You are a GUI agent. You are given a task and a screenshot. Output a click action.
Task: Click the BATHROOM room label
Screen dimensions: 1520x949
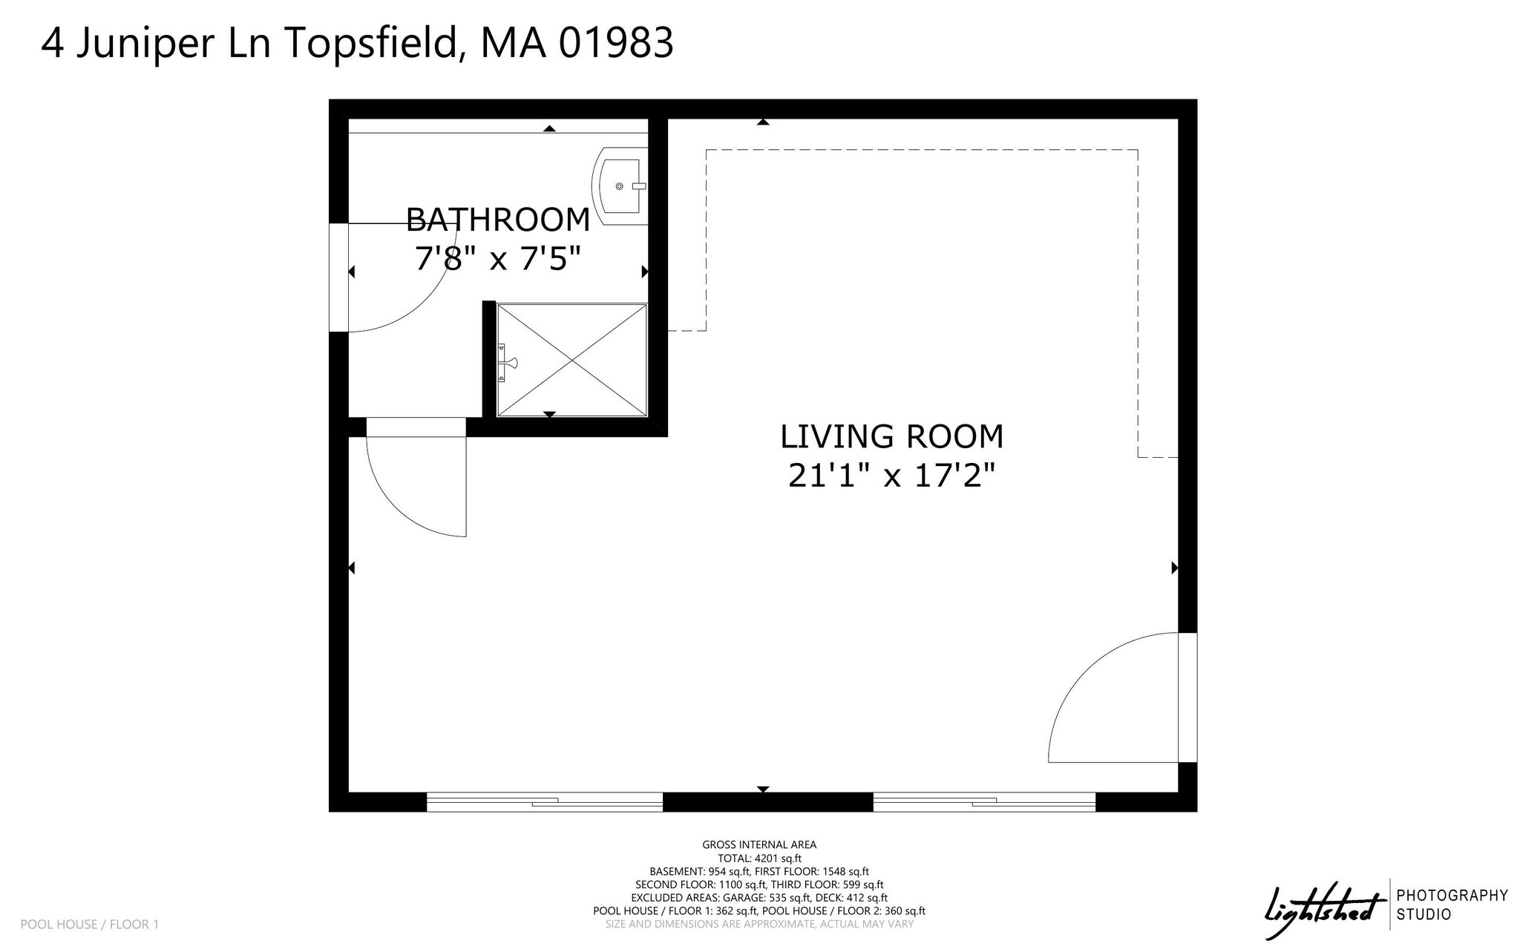[498, 220]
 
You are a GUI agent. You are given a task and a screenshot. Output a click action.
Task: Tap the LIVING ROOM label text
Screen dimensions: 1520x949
[891, 437]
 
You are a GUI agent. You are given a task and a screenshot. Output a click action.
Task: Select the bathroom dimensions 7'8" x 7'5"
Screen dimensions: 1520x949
[497, 259]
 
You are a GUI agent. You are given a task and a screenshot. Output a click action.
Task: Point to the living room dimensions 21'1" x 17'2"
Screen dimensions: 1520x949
[891, 476]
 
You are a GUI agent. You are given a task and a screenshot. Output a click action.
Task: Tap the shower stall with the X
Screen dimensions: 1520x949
[571, 361]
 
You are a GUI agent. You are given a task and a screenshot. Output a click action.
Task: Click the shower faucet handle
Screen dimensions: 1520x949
[508, 363]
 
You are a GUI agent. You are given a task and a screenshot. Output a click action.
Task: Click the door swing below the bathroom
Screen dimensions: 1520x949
[404, 505]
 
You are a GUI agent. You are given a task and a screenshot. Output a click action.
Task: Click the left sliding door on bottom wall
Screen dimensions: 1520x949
[545, 802]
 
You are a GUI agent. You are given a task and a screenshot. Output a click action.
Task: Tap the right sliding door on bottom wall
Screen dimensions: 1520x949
[984, 802]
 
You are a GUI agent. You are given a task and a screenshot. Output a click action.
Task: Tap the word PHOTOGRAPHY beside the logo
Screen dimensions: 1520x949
[1452, 896]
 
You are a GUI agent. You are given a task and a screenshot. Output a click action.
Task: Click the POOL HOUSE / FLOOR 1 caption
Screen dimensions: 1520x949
[90, 925]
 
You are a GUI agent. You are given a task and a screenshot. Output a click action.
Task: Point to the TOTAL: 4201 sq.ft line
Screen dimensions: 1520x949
[759, 858]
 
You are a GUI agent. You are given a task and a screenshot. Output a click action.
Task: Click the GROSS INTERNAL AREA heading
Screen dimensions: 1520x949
[759, 844]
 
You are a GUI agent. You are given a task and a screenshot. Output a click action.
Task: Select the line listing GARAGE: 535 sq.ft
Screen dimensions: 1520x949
[759, 898]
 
